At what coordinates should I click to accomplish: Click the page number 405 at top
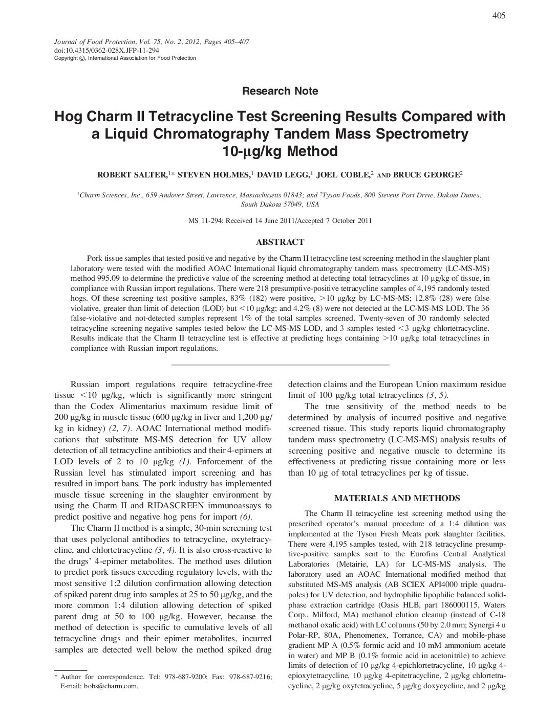[x=499, y=16]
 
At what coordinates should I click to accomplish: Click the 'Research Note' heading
[x=280, y=91]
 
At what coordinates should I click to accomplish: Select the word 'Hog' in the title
[x=67, y=117]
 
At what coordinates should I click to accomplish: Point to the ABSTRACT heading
[x=280, y=242]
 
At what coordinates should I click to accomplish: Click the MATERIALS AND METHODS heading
[x=397, y=498]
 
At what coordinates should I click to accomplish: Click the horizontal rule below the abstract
[x=280, y=364]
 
